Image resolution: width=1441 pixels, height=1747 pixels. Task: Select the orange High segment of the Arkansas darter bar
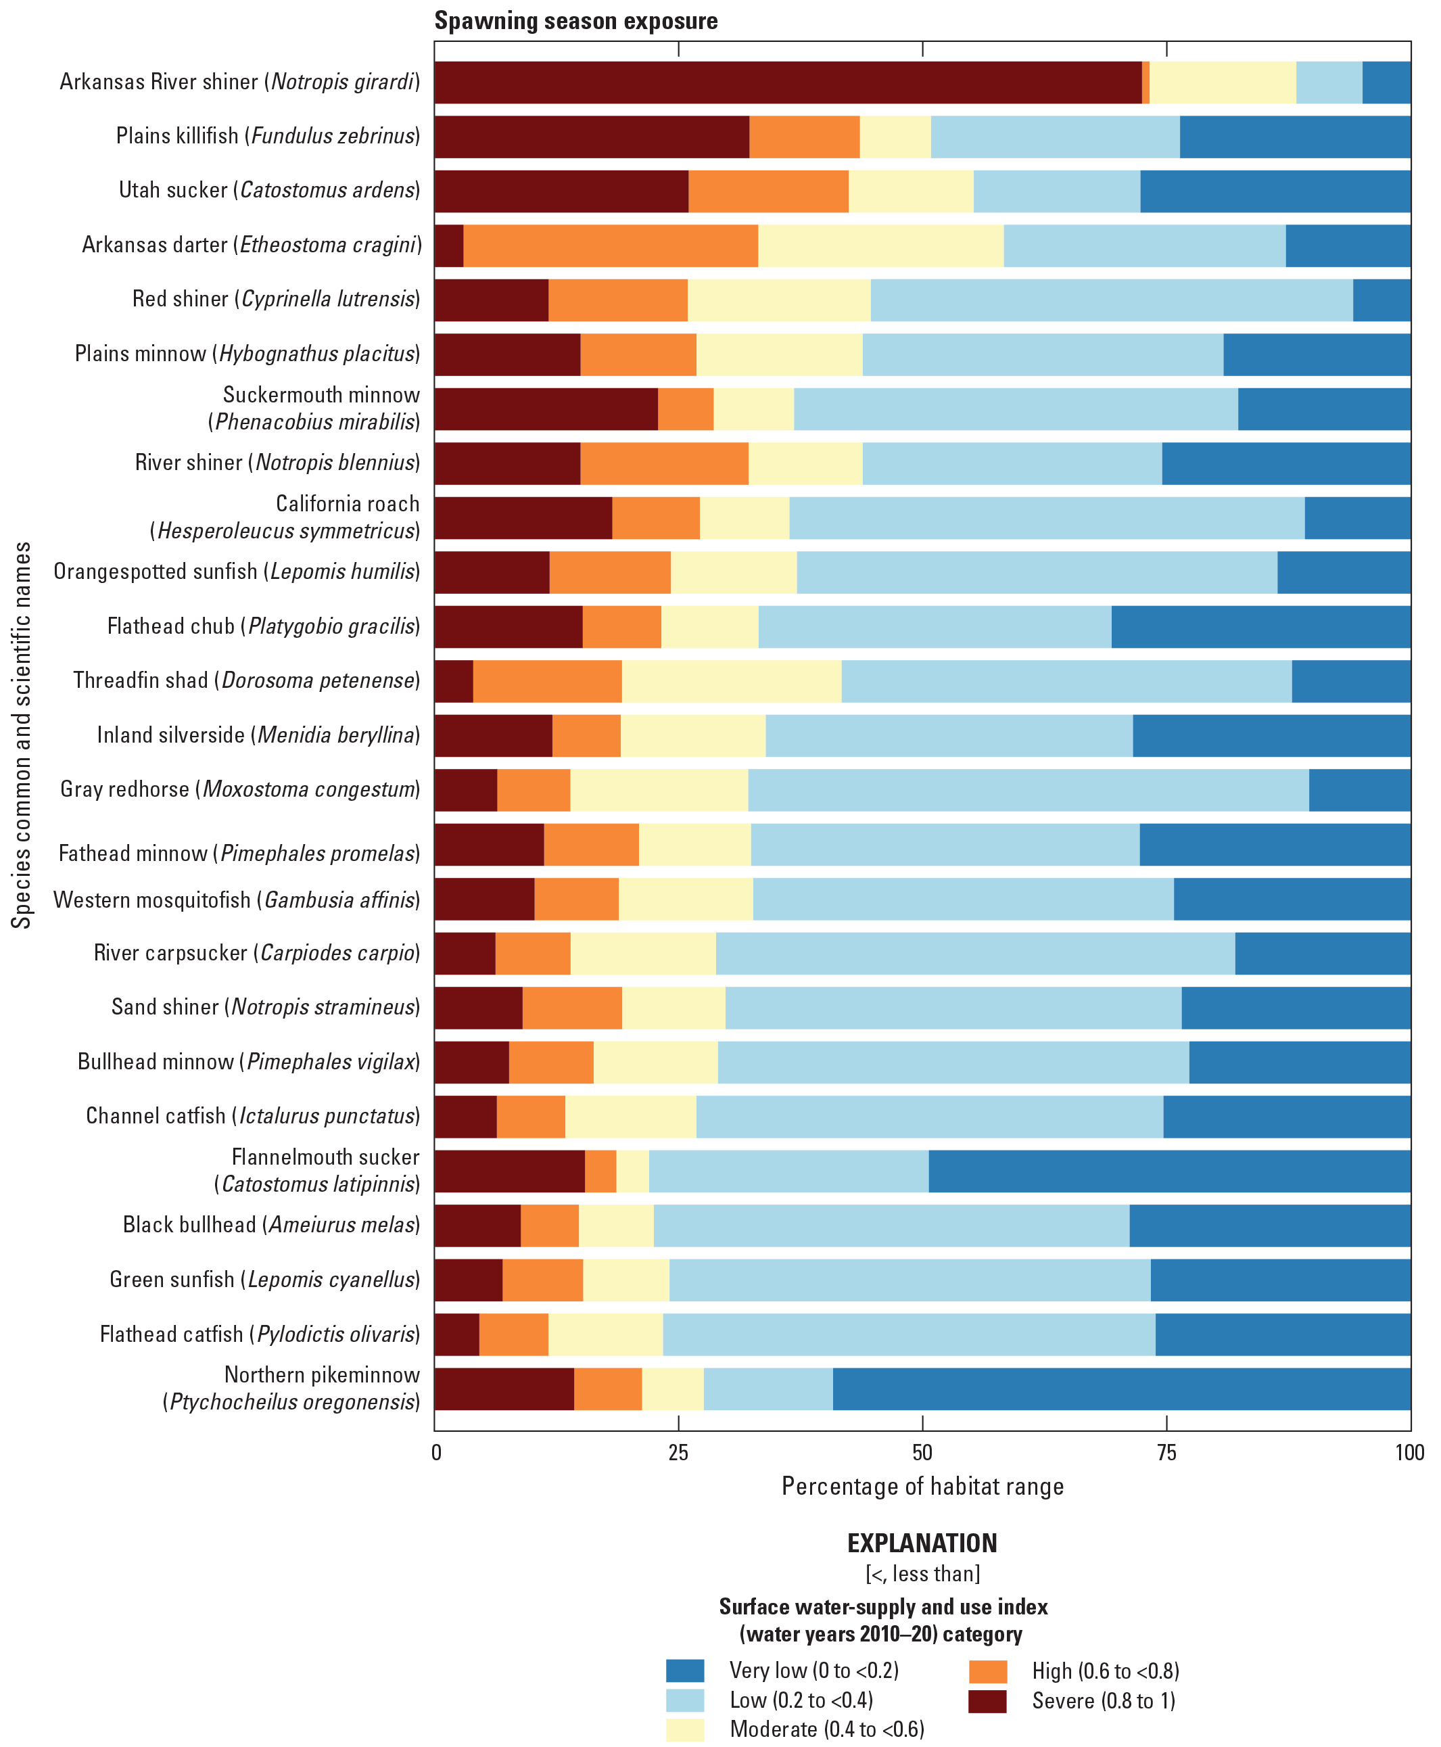(610, 246)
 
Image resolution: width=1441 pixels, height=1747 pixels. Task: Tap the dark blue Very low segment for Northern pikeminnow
(1120, 1389)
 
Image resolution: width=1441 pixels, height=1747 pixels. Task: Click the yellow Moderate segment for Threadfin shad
(730, 681)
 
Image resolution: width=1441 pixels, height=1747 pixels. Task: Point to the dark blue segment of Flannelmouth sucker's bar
(1168, 1171)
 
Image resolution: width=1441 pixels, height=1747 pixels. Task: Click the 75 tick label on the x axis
(1166, 1452)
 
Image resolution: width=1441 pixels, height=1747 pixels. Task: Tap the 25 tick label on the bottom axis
(678, 1452)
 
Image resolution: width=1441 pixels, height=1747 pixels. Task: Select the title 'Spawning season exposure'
(575, 21)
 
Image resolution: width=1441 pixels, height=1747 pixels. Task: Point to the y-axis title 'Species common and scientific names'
(22, 735)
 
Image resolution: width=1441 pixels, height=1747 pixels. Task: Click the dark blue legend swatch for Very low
(685, 1670)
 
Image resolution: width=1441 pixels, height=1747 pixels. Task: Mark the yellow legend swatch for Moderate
(685, 1729)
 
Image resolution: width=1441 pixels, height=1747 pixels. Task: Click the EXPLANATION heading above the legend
(922, 1543)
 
